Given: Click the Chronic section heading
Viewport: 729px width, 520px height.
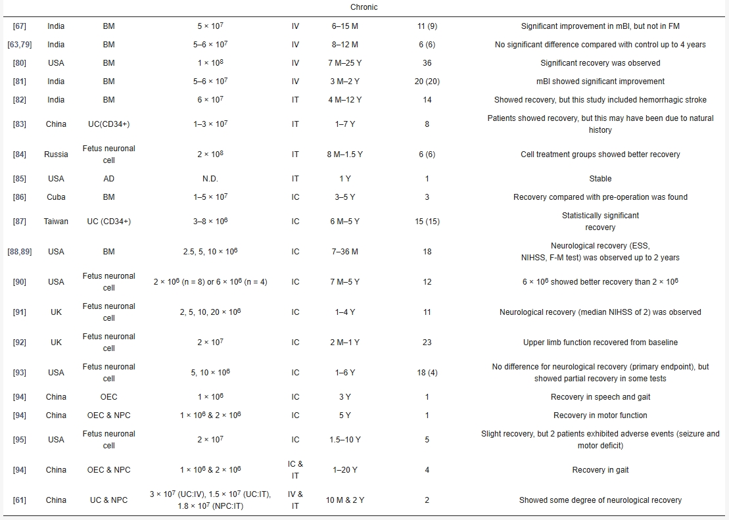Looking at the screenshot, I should [364, 7].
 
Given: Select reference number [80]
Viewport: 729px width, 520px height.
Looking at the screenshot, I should [20, 63].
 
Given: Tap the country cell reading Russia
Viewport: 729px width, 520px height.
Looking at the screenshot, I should [56, 154].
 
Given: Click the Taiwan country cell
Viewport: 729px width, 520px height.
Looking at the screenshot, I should [56, 222].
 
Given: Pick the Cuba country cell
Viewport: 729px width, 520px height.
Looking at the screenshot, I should [56, 197].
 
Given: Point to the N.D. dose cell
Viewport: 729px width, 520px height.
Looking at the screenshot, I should [210, 179].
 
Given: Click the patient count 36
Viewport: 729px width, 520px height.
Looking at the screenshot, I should [427, 63].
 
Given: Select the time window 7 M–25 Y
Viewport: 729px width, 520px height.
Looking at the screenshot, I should [344, 63].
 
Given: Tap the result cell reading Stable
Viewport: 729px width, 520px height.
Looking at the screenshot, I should [600, 179].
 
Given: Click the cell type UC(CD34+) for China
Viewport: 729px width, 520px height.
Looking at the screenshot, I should [108, 124].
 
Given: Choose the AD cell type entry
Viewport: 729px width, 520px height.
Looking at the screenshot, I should [108, 179].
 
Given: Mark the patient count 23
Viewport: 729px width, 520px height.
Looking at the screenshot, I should [427, 343].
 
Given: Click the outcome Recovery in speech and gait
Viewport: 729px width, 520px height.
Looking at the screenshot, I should [600, 397].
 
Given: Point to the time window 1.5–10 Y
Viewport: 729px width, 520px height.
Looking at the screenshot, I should [344, 440].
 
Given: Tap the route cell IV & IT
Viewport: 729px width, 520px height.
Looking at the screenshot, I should [295, 500].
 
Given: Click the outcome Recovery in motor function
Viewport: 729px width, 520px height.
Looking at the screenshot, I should [600, 415].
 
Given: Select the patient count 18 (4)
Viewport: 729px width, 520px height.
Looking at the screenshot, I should [427, 373].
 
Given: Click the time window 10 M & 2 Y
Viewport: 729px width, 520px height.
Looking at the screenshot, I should [344, 500].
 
